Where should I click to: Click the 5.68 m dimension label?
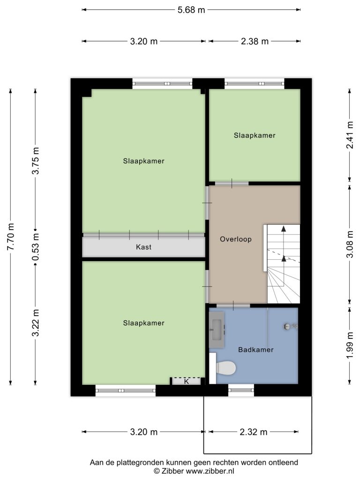[191, 10]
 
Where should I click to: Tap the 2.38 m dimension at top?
[255, 41]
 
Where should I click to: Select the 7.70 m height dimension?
[11, 237]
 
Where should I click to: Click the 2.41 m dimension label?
[350, 135]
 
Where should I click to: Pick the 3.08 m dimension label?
[350, 244]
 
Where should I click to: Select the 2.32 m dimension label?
[254, 432]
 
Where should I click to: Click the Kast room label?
[143, 247]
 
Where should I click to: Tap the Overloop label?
[236, 239]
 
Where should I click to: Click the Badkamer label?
[256, 350]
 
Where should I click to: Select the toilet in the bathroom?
[226, 368]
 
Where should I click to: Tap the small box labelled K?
[187, 382]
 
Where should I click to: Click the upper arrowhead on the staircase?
[284, 228]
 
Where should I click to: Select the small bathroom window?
[241, 390]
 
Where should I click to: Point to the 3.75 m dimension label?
[36, 161]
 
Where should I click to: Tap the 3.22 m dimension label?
[36, 322]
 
